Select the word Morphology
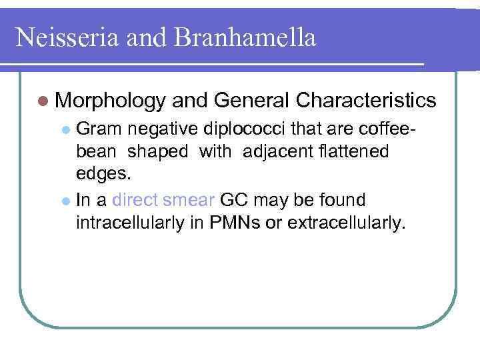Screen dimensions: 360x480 110,101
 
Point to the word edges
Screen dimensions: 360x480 104,175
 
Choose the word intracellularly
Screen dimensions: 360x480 137,223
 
